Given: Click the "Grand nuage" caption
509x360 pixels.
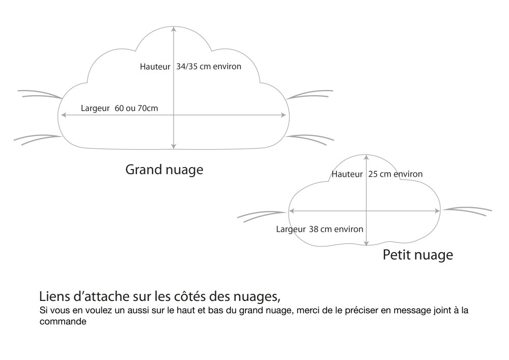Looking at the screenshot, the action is (164, 170).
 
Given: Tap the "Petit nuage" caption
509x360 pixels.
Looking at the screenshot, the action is (418, 255).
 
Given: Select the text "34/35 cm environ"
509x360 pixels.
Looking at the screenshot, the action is (209, 67).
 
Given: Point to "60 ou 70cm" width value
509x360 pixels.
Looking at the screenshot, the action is (136, 108).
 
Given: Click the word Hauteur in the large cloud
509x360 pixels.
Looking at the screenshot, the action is (155, 67).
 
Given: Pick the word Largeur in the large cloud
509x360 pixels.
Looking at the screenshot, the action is (95, 108).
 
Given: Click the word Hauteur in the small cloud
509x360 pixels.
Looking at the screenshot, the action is (347, 174).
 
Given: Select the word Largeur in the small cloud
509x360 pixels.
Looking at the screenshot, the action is (291, 229).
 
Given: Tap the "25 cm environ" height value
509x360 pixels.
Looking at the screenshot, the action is (395, 174).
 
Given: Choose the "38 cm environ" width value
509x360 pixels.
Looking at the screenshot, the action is (336, 229).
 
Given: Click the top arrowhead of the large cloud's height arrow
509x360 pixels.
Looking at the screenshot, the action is (174, 29).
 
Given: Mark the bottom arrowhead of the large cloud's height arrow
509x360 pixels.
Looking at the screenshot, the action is (174, 147).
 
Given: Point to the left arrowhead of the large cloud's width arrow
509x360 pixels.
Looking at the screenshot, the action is (64, 115).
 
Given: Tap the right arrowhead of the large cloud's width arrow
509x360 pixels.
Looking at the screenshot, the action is (284, 115).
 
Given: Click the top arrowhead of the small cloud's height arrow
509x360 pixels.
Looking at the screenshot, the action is (366, 157).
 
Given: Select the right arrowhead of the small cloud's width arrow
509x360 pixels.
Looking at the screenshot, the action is (437, 211).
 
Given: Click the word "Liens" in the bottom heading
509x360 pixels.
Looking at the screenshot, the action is (53, 296).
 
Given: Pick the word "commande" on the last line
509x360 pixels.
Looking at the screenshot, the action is (63, 322).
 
